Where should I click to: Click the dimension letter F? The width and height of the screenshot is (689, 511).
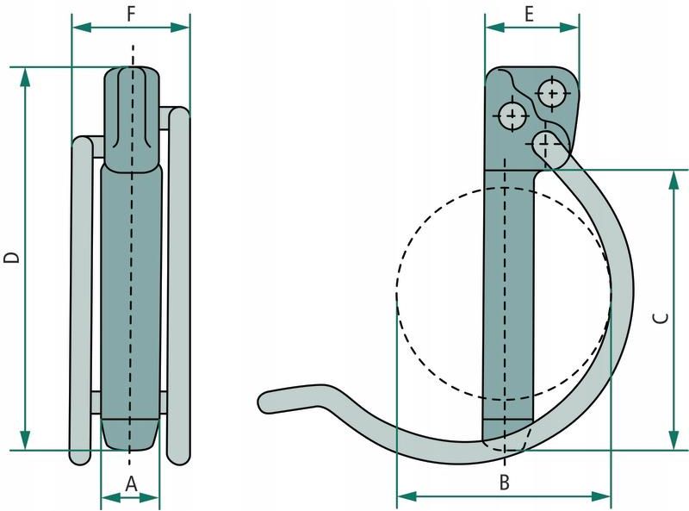[x=131, y=14]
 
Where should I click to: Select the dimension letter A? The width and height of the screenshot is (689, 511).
[x=132, y=484]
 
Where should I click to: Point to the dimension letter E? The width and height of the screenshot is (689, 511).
[x=529, y=14]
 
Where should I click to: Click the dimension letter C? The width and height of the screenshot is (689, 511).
[x=661, y=317]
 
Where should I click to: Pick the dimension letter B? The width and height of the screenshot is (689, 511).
[x=505, y=483]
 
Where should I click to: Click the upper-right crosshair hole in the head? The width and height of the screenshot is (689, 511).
[x=552, y=93]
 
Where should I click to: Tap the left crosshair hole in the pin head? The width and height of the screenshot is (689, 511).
[x=512, y=115]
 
